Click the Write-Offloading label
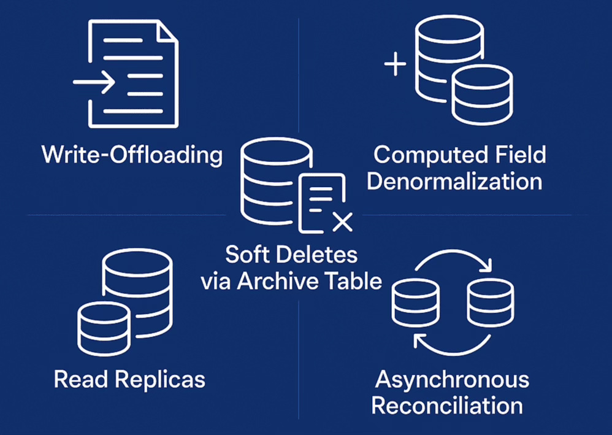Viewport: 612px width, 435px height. tap(132, 155)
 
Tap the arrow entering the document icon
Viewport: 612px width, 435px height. tap(95, 82)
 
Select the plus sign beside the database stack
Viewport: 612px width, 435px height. tap(395, 63)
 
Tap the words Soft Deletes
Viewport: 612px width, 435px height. tap(291, 255)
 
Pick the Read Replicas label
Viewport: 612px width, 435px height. tap(129, 379)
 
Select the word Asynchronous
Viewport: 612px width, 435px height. tap(452, 379)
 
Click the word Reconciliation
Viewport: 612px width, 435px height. tap(447, 406)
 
